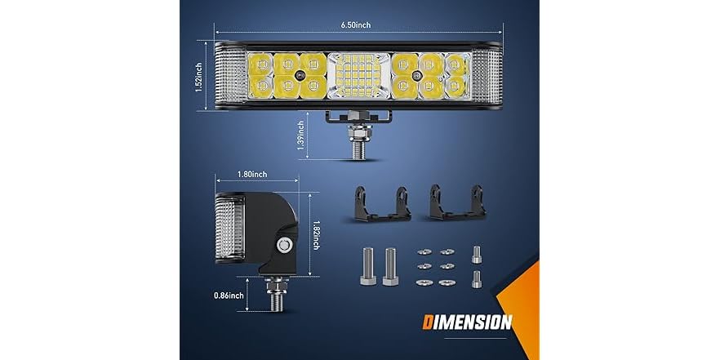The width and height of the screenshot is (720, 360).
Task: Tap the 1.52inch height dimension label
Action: [200, 79]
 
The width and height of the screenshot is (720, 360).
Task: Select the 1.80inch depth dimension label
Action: [248, 175]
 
